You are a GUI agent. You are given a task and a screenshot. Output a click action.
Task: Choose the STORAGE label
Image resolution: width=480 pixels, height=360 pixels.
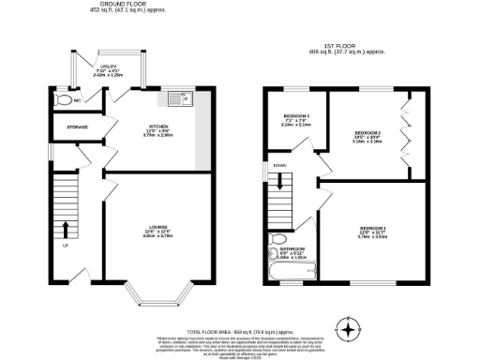click(77, 127)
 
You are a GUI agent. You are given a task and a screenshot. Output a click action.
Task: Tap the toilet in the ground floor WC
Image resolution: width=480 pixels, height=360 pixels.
click(63, 99)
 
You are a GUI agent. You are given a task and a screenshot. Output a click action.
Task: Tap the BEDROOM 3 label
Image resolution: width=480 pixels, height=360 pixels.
click(295, 119)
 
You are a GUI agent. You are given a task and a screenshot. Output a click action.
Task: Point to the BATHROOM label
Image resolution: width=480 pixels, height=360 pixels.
click(280, 248)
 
